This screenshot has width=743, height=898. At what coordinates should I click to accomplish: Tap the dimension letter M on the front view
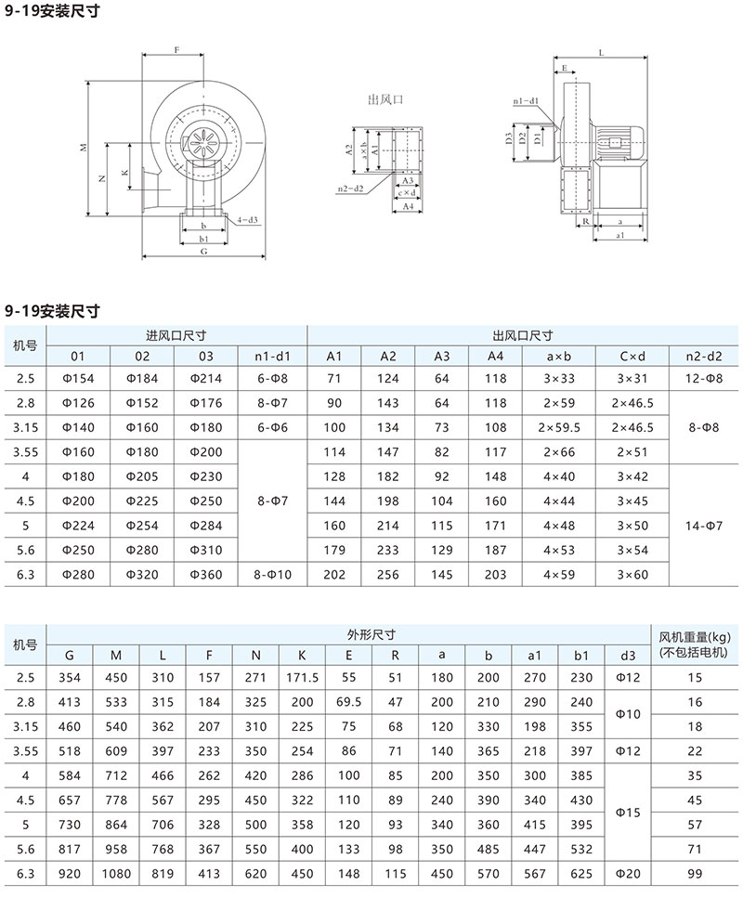(83, 148)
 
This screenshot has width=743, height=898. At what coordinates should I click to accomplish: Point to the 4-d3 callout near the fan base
(247, 220)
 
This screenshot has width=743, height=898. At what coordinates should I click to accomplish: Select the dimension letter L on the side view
(603, 55)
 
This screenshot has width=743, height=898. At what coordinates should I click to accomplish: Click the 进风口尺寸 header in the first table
(176, 335)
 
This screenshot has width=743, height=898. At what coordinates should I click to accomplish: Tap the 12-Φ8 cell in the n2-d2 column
(703, 379)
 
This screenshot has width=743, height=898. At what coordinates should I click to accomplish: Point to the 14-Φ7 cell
(703, 526)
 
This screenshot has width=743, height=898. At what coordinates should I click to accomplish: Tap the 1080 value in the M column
(115, 872)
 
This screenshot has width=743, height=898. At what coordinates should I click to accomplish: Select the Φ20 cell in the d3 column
(629, 872)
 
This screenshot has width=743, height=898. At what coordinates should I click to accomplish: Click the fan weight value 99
(696, 872)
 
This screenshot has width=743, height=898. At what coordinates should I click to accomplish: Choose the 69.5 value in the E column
(349, 702)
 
